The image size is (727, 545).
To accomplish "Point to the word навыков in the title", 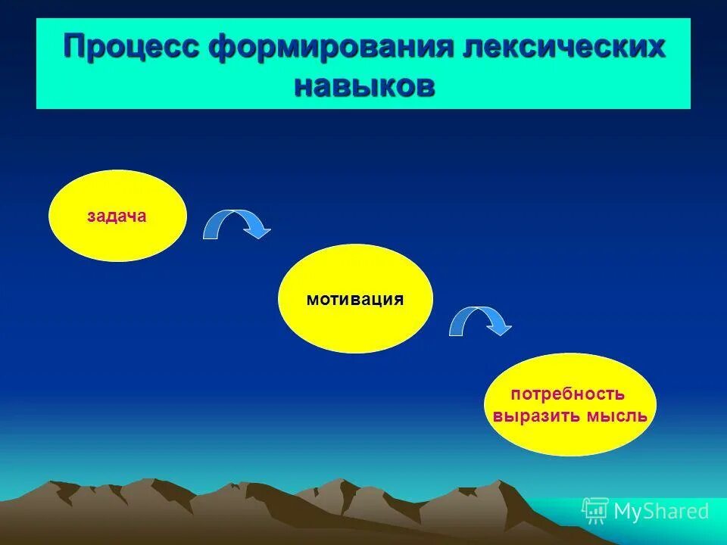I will click(x=364, y=85).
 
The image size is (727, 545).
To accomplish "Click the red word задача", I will click(x=117, y=216).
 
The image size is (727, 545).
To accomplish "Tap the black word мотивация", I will click(x=355, y=299).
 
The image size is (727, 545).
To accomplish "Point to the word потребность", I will click(x=568, y=394).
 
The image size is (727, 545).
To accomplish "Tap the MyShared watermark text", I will click(x=661, y=512).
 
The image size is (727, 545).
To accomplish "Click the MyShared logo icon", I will click(x=595, y=511).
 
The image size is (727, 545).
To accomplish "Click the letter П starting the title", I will click(x=74, y=47).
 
